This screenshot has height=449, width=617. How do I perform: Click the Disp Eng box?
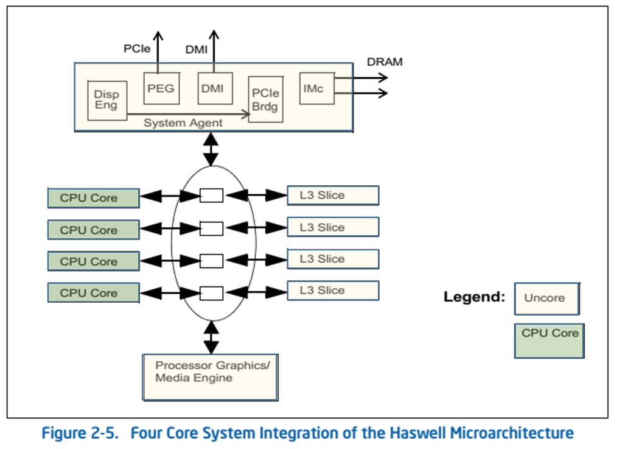[x=107, y=100]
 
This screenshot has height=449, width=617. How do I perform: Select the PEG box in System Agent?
[x=161, y=88]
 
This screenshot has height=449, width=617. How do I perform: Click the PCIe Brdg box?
[x=266, y=99]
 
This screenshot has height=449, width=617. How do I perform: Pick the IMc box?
[x=316, y=88]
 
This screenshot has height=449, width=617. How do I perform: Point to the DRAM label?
[x=384, y=62]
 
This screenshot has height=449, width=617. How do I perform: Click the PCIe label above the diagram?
[x=137, y=49]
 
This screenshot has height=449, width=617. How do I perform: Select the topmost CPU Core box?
[x=93, y=198]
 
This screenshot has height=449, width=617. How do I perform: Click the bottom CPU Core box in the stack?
[x=93, y=292]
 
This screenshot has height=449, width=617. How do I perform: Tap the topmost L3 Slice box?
[x=332, y=195]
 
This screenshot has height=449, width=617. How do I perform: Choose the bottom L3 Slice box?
[x=332, y=290]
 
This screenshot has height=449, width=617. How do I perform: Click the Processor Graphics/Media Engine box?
[x=210, y=377]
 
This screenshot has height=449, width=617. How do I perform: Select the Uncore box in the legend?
[x=546, y=298]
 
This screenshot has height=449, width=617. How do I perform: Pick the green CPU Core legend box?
[x=549, y=341]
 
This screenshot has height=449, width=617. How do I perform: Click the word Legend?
[x=474, y=297]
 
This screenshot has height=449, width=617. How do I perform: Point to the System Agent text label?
[x=183, y=122]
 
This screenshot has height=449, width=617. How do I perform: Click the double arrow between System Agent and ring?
[x=211, y=148]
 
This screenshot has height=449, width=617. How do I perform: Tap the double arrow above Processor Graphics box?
[x=211, y=337]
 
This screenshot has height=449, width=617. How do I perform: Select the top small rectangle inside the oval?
[x=211, y=196]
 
